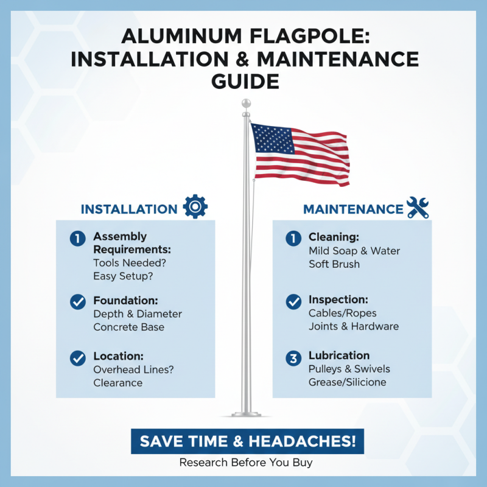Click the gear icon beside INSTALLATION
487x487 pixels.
coord(195,207)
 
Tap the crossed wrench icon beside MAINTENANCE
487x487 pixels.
coord(418,207)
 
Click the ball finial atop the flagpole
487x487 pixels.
coord(246,103)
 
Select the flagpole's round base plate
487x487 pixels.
coord(246,415)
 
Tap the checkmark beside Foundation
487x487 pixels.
coord(78,301)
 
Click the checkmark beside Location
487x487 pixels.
coord(78,358)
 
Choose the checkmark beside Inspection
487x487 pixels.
coord(293,301)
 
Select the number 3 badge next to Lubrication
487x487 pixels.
coord(293,358)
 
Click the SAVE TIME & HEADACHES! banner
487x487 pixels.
coord(247,441)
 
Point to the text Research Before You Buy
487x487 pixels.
coord(246,463)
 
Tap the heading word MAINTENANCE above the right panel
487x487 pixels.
coord(353,209)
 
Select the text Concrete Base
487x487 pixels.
coord(128,327)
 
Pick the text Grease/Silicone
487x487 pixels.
coord(348,382)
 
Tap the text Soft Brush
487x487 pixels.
coord(334,264)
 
